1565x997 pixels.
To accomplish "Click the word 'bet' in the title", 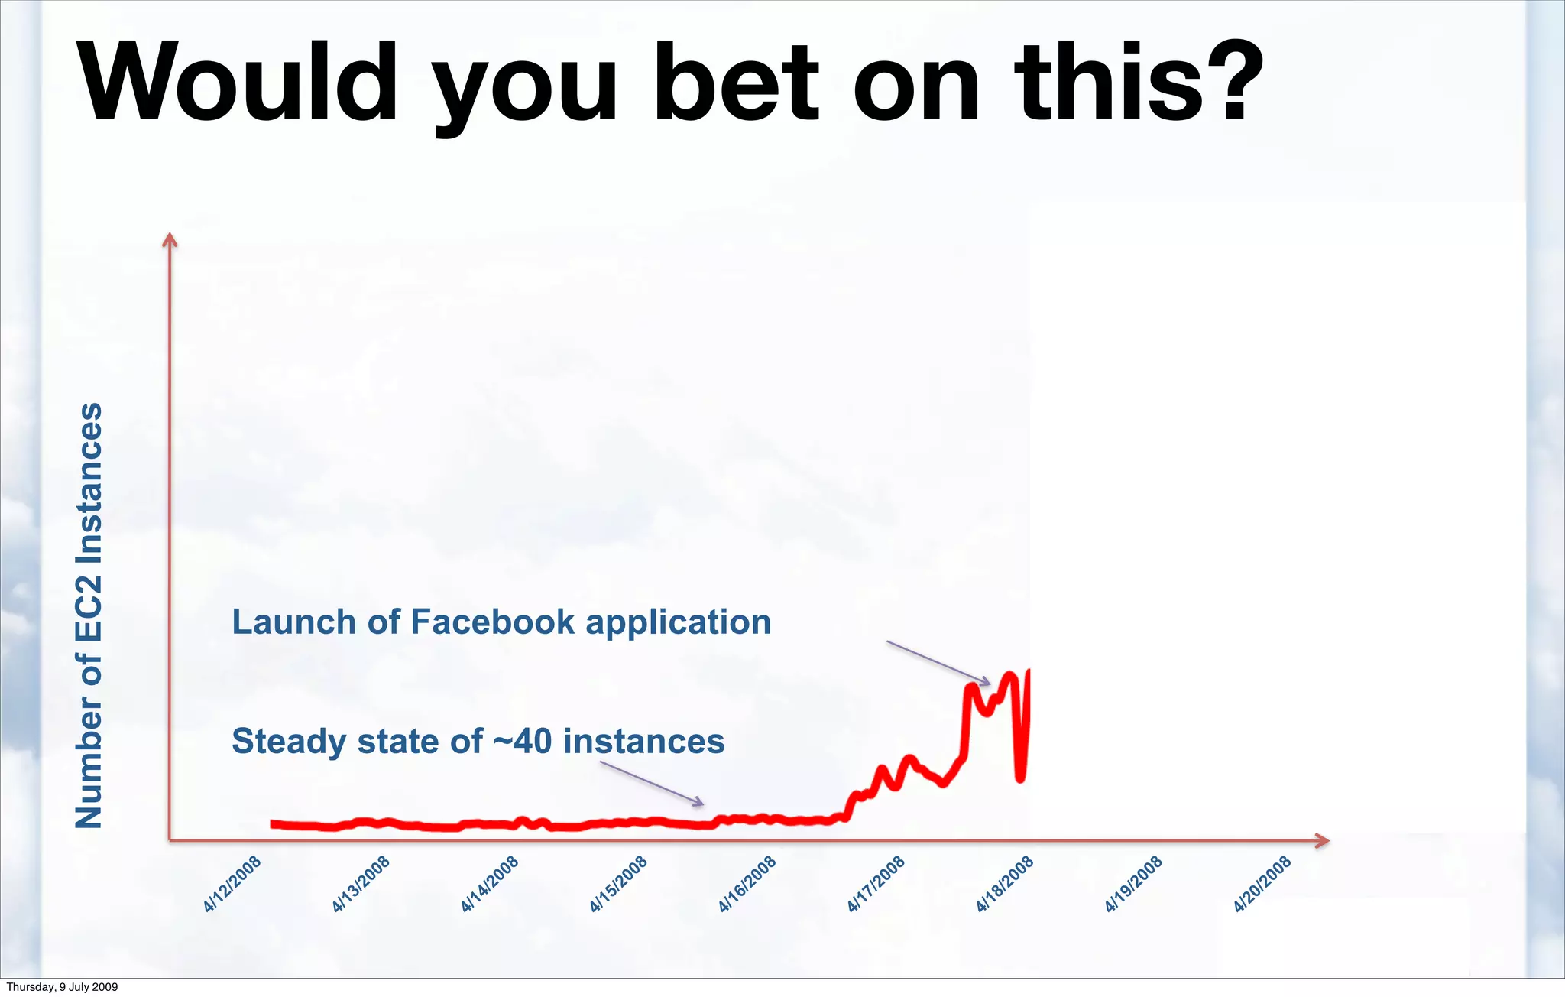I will (x=736, y=83).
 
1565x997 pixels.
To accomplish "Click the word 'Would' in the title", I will (x=238, y=83).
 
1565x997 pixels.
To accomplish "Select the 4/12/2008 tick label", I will (x=232, y=885).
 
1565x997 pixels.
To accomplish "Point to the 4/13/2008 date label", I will (x=361, y=885).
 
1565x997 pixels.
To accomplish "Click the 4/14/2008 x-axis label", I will (x=490, y=885).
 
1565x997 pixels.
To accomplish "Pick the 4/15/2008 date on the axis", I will (x=618, y=885).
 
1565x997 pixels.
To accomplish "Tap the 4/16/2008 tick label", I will (x=747, y=885).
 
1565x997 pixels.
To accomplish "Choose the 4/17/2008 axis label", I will (x=876, y=885).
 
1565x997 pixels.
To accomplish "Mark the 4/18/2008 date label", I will (x=1005, y=885).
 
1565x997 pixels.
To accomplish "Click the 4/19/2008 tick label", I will (x=1133, y=885).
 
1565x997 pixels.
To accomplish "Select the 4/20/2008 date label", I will (x=1262, y=885).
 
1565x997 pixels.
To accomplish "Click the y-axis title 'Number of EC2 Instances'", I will (x=89, y=615).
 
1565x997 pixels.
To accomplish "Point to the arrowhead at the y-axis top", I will (x=170, y=240).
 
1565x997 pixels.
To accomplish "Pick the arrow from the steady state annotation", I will (x=652, y=784).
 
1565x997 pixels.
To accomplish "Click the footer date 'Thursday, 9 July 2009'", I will (x=62, y=987).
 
